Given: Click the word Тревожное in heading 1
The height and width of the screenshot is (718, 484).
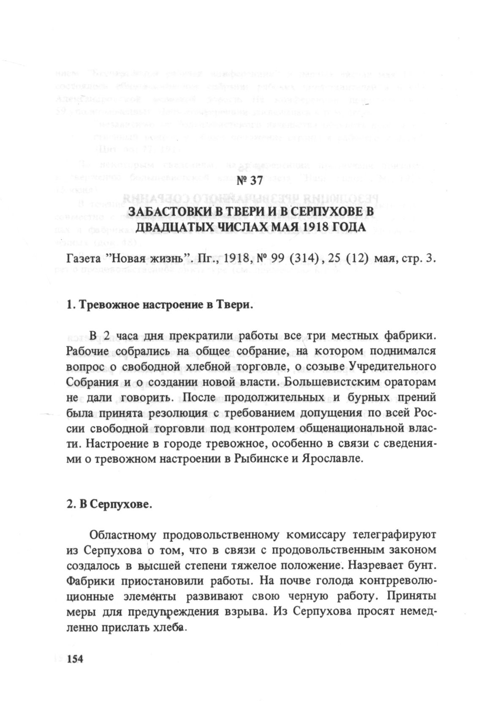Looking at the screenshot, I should coord(110,306).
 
